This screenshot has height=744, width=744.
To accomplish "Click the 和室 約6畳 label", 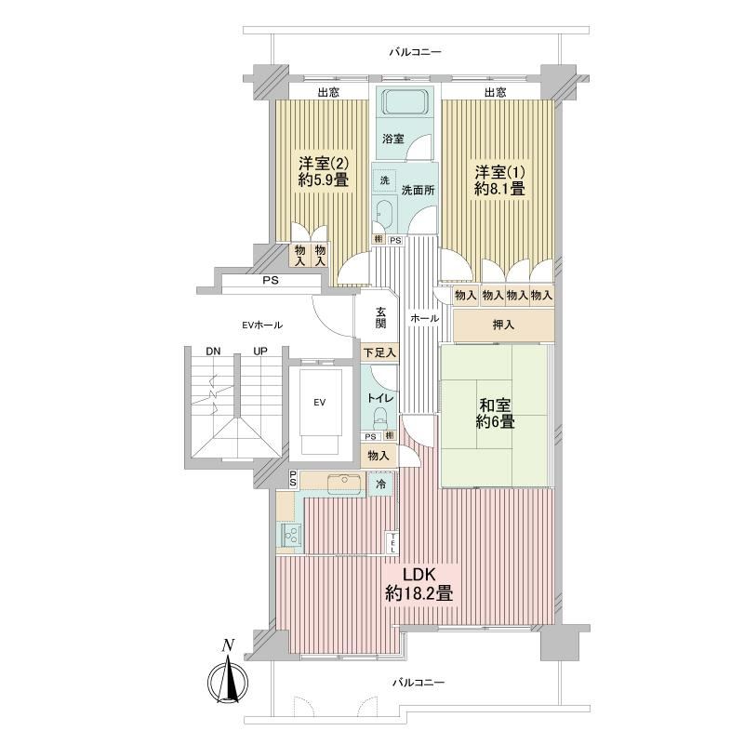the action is coord(495,413).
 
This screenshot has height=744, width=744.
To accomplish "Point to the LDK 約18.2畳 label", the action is coord(419,584).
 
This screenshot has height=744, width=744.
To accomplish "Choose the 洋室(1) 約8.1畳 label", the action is coord(499,180).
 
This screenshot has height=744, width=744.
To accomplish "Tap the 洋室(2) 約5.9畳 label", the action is coord(324,172).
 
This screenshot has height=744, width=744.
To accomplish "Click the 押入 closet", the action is coord(503,325).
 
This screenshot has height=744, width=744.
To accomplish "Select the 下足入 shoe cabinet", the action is coord(379,352).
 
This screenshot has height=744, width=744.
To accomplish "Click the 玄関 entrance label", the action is coord(380,317).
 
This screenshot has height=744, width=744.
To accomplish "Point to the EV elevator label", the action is coord(319,403).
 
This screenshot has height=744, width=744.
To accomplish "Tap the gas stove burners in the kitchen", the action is coord(290,535).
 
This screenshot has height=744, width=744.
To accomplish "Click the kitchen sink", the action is coord(344,480).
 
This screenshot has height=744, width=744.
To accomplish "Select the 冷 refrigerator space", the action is coord(380,484).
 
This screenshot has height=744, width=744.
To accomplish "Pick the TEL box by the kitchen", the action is coord(392,542).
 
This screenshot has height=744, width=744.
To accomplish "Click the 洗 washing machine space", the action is coord(384,180).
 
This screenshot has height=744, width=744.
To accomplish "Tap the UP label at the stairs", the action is coord(260,352).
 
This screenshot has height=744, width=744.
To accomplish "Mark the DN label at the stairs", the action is coord(213,352).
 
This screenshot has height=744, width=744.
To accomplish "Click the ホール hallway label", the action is coord(424,318).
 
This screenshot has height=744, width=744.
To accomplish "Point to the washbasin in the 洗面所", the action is coord(383,214).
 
